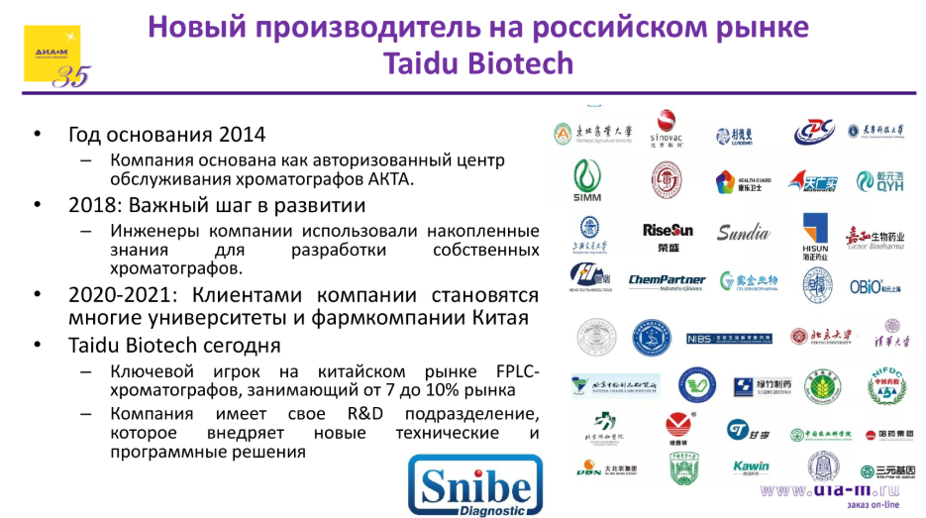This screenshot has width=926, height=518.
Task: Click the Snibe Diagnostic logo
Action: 475,484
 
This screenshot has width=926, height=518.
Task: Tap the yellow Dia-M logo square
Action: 51,53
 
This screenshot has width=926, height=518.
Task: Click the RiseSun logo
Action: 669,234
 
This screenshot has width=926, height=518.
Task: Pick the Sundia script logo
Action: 743,234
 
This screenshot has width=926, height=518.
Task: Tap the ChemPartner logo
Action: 667,281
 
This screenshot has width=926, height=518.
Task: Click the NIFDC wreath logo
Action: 887,383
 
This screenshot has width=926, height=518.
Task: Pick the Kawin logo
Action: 751,467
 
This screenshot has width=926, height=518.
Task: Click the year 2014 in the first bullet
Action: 243,134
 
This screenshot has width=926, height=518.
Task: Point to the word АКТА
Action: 388,179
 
